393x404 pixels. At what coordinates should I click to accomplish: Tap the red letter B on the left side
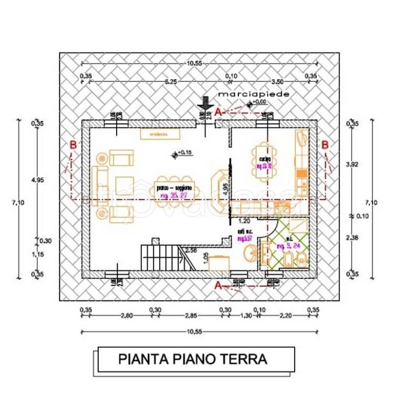[73, 145]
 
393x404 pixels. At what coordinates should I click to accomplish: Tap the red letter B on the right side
[325, 145]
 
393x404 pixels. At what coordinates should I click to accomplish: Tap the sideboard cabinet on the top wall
[157, 134]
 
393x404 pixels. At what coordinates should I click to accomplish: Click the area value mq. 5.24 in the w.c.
[288, 246]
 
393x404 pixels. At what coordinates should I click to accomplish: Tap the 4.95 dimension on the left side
[37, 180]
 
